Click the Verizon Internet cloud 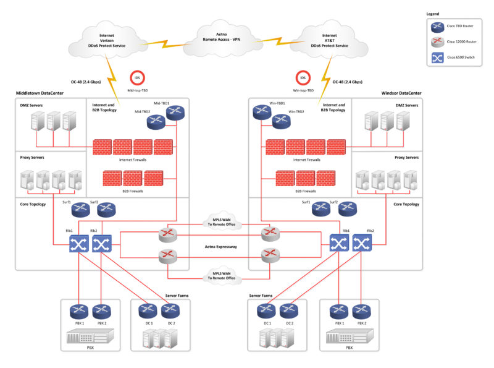[x=107, y=40]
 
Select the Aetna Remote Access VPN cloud [x=222, y=38]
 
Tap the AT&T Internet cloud [x=329, y=40]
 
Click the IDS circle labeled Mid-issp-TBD [x=137, y=78]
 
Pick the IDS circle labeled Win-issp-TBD [x=303, y=78]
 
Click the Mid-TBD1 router [x=175, y=113]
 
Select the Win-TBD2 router [x=282, y=121]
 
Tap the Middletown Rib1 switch [x=79, y=244]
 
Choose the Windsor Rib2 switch [x=362, y=242]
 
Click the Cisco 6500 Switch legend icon [x=438, y=58]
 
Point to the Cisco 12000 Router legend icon [x=438, y=42]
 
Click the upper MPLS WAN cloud [x=222, y=221]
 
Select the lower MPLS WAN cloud [x=222, y=275]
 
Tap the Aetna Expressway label [x=221, y=247]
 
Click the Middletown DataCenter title [x=40, y=93]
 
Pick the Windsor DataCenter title [x=401, y=93]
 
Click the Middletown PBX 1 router [x=79, y=312]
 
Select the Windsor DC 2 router [x=289, y=311]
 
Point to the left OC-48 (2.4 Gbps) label [x=86, y=82]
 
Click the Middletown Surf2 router [x=106, y=210]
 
